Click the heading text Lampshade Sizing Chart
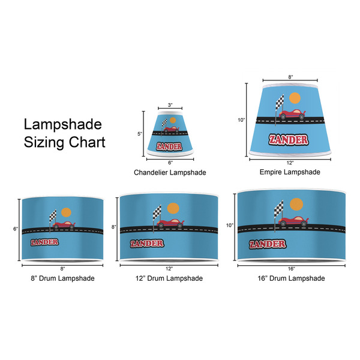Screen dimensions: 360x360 (64, 133)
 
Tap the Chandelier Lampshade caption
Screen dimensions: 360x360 (170, 172)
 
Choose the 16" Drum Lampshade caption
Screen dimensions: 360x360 (291, 278)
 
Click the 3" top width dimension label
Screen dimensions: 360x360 (170, 106)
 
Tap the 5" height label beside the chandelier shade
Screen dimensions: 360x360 (139, 134)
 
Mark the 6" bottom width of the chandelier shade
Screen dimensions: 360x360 (170, 163)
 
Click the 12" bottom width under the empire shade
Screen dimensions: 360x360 (290, 163)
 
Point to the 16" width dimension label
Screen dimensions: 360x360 (291, 268)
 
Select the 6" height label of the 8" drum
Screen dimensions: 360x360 (17, 229)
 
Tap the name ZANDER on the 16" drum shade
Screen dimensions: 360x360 (267, 244)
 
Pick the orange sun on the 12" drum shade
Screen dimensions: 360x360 (173, 209)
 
